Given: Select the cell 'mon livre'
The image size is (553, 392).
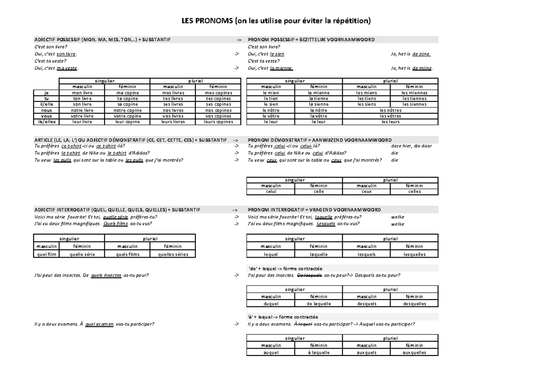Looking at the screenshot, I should point(82,93).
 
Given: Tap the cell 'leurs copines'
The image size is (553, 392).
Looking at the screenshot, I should point(218,122).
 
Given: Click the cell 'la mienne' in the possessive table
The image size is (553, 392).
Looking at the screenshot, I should point(318,93).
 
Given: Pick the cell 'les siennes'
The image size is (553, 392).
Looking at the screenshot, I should point(414,104).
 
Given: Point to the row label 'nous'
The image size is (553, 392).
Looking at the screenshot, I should point(46,110).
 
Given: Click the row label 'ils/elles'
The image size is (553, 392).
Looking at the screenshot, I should point(46,122).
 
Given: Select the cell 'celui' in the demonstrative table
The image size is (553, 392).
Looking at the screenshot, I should point(271,192).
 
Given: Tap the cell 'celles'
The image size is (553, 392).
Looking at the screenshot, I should point(414,192).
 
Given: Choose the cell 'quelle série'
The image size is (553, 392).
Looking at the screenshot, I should point(82,254).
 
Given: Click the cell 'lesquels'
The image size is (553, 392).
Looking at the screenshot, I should point(366,254).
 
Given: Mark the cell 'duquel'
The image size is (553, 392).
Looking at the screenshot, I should point(271,304).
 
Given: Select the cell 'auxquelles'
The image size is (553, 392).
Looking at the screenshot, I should point(414,353).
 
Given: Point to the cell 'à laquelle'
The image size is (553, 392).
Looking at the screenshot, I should point(318,353).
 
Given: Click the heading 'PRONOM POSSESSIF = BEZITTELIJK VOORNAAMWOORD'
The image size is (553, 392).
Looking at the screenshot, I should point(311,40).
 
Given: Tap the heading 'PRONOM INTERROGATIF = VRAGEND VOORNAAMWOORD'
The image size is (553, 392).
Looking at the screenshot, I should point(314,210).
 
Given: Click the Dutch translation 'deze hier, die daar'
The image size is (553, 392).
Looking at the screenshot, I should point(411,145).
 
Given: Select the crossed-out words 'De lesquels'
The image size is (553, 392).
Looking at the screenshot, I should point(310,275).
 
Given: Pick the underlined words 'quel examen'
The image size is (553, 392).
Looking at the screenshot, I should point(99,324).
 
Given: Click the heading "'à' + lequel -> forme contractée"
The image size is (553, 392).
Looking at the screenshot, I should point(283,317).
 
